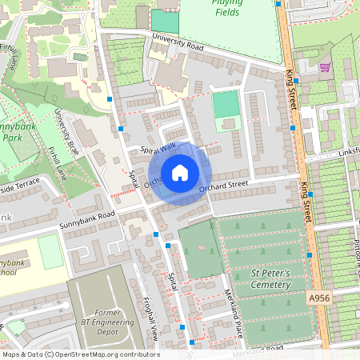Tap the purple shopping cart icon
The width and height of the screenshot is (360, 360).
pyautogui.click(x=325, y=67)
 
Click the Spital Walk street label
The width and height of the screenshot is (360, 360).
pyautogui.click(x=158, y=149)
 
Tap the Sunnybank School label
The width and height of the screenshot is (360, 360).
pyautogui.click(x=11, y=267)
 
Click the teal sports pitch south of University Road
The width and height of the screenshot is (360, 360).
pyautogui.click(x=226, y=104)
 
